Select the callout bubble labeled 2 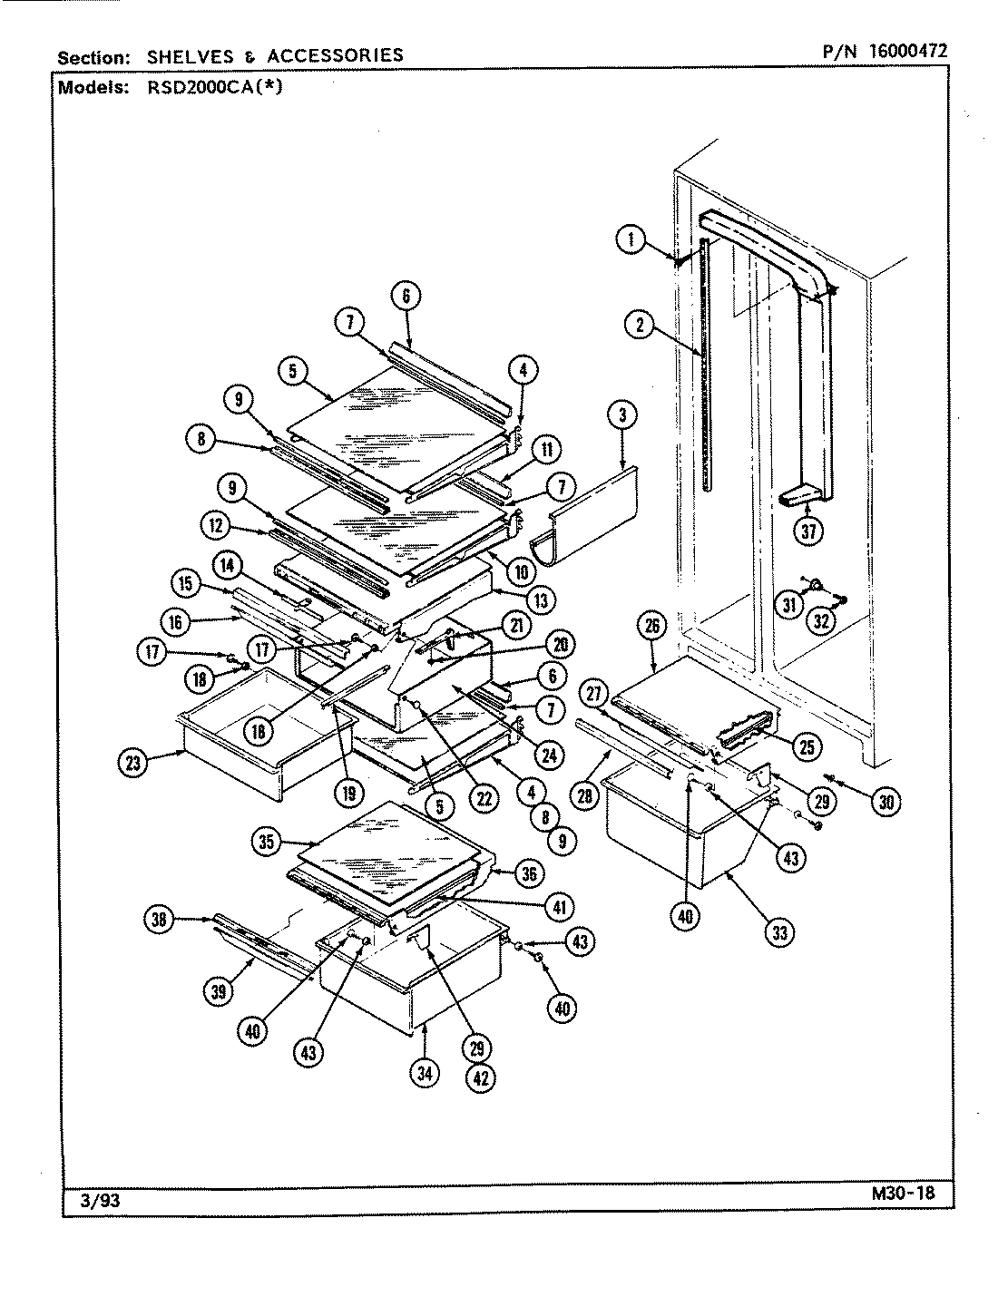641,324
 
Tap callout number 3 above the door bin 621,416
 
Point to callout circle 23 133,763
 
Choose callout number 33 778,931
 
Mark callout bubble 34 424,1073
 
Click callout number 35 266,842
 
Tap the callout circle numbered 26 653,625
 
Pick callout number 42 481,1079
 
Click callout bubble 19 348,792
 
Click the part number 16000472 907,52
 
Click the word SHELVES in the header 184,55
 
